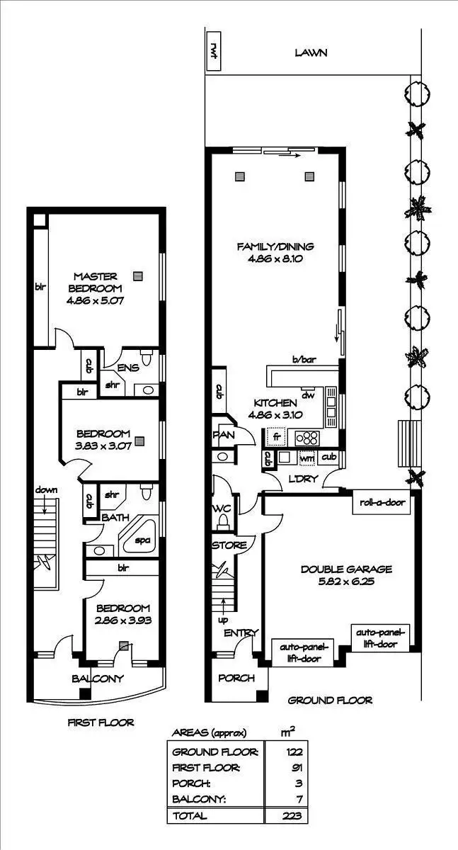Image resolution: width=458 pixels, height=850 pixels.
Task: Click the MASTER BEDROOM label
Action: (x=95, y=282)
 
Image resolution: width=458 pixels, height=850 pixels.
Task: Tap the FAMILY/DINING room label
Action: (x=275, y=246)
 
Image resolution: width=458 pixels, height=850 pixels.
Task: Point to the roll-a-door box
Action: (x=381, y=502)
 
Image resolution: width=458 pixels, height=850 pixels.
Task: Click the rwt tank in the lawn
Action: (x=213, y=51)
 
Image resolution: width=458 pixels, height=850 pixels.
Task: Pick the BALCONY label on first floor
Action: (x=98, y=678)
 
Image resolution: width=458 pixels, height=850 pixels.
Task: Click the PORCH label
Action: (x=236, y=678)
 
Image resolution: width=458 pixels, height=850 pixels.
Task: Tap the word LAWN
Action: (x=311, y=52)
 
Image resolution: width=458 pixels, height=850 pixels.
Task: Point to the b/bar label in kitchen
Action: (x=303, y=360)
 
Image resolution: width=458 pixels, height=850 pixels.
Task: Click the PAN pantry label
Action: (x=219, y=434)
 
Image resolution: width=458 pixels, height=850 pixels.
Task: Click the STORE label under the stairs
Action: (x=229, y=545)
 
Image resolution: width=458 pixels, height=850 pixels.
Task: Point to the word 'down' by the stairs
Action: (x=46, y=489)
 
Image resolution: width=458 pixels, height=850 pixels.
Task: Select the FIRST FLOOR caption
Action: (x=101, y=722)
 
